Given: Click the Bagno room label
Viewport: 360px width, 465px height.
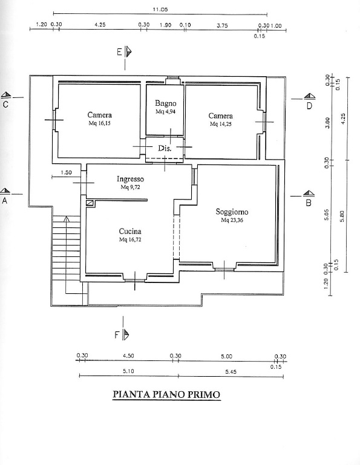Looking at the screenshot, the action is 166,103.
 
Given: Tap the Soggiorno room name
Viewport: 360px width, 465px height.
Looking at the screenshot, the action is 232,212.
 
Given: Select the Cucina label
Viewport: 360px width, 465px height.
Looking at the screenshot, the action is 130,232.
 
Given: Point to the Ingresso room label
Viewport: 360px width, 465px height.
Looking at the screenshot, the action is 130,179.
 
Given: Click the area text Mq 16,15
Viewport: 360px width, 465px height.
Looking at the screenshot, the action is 99,123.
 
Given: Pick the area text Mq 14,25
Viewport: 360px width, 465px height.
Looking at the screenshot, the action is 220,124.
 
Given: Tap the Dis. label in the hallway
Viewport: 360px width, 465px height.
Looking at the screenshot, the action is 165,148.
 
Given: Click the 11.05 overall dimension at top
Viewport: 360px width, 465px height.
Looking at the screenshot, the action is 160,10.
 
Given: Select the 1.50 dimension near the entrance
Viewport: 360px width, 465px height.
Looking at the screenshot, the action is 66,172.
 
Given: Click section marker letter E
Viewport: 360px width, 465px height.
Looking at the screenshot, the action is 119,52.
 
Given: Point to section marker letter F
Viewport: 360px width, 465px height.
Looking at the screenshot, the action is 117,335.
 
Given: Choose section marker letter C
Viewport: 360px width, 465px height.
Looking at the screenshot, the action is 5,105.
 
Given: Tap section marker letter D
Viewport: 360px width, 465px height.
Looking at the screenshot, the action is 309,106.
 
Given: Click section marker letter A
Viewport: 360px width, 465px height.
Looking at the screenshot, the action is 4,201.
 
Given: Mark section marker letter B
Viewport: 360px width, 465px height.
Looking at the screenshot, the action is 309,203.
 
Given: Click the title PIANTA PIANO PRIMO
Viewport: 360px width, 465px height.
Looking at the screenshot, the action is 167,394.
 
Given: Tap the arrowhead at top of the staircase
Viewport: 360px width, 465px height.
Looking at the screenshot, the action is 67,219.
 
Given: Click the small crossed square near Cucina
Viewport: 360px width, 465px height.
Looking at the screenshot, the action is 90,203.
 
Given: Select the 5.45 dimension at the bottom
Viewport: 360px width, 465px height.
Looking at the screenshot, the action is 231,372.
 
